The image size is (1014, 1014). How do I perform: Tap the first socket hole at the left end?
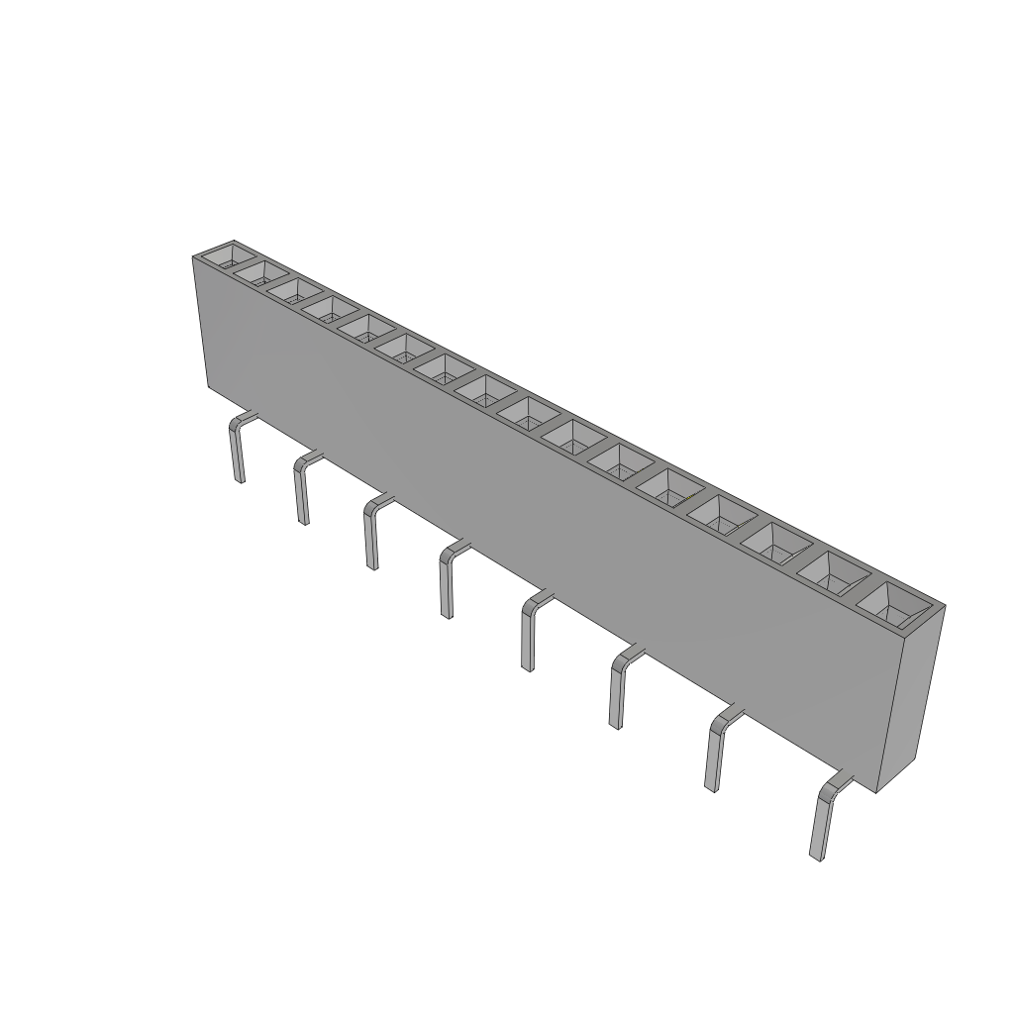tap(229, 256)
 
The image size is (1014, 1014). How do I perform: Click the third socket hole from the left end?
tap(292, 289)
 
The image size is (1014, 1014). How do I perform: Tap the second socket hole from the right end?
tap(834, 572)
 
